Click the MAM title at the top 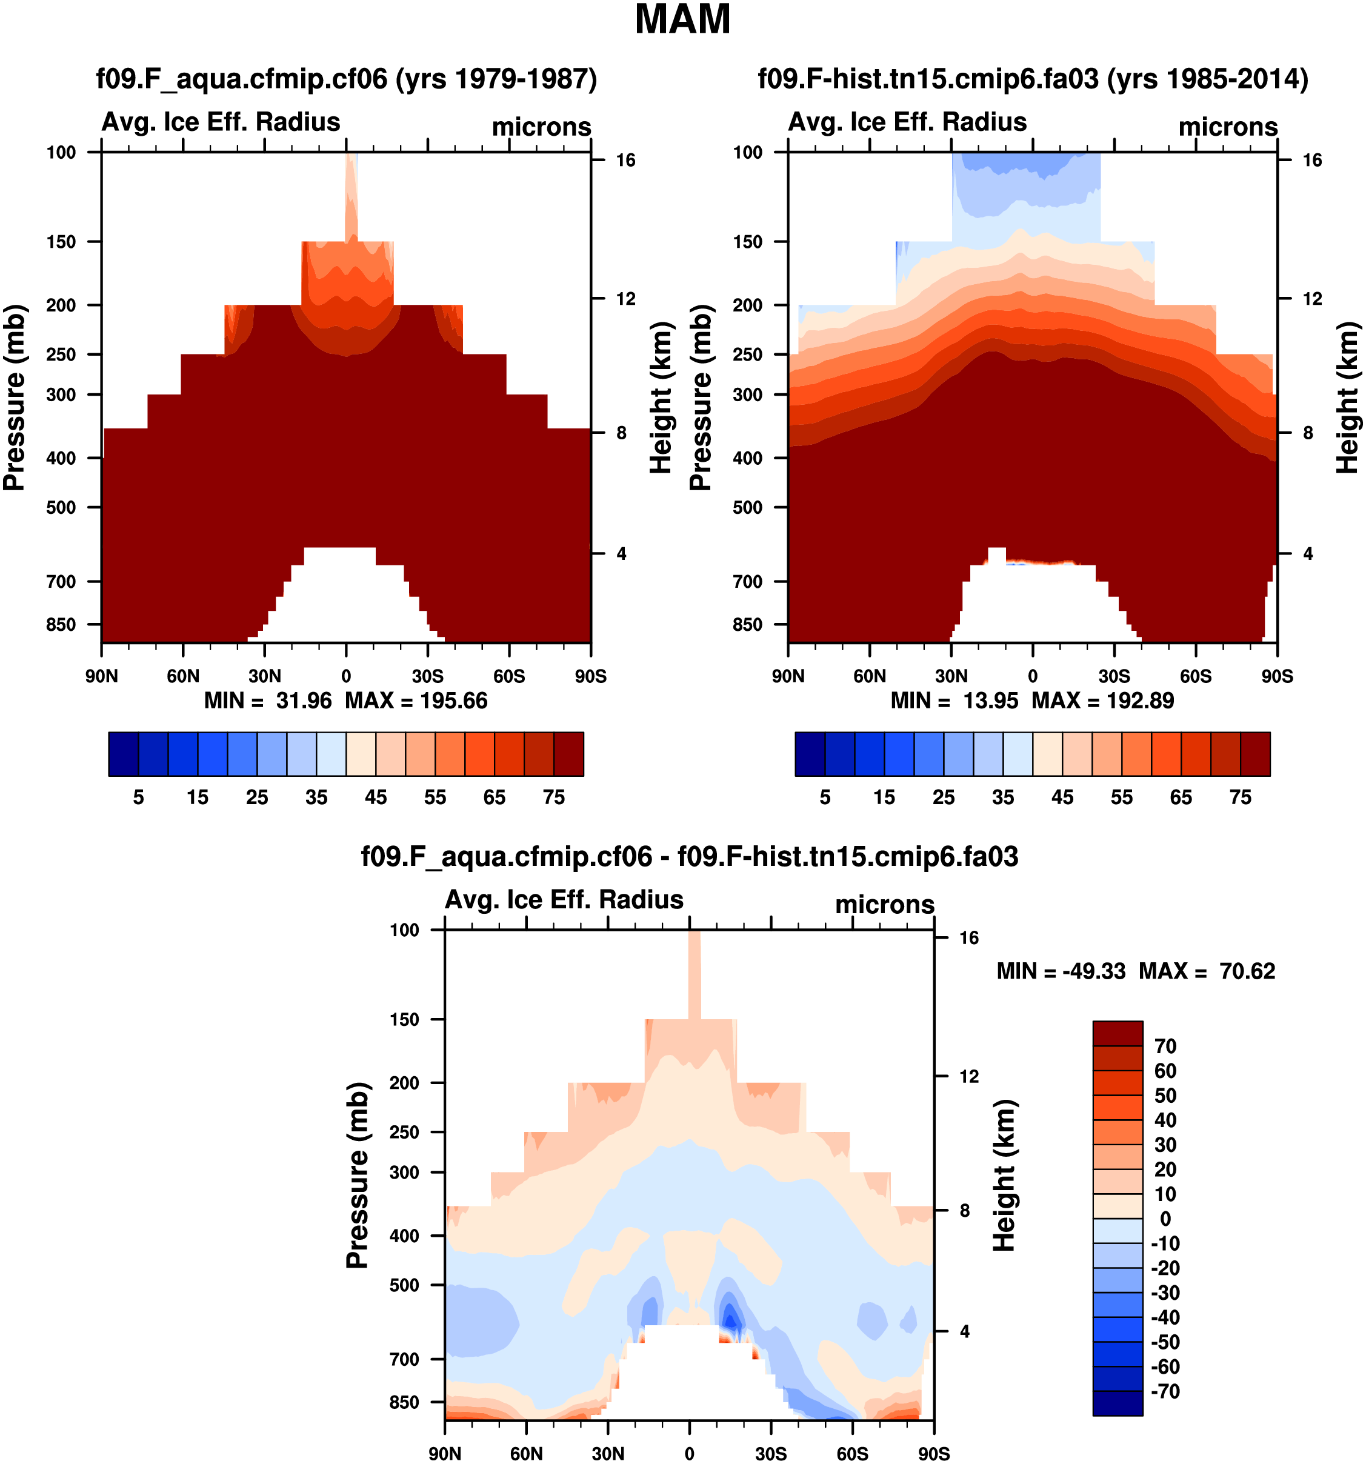click(682, 20)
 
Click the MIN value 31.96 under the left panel click(304, 700)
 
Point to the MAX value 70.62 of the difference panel click(1247, 971)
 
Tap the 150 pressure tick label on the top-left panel click(61, 242)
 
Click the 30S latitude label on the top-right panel click(1114, 676)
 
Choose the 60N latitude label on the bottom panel click(527, 1454)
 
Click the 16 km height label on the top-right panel click(1312, 161)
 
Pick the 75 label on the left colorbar click(554, 797)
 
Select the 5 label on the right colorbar click(825, 797)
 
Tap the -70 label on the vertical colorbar click(1165, 1391)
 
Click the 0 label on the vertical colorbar click(1165, 1219)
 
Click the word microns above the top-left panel click(541, 127)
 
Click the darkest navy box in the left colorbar click(123, 754)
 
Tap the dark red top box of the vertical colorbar click(1117, 1033)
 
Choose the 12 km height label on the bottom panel click(969, 1077)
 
